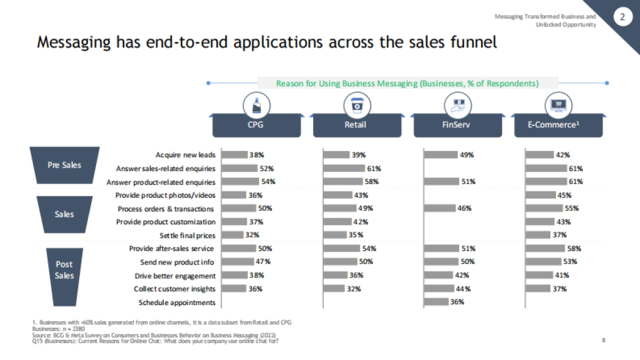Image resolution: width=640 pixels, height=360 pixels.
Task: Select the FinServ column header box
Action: (x=457, y=126)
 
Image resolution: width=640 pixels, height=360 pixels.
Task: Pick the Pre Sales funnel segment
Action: (x=65, y=165)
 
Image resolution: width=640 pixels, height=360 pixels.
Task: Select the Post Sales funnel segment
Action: (x=65, y=269)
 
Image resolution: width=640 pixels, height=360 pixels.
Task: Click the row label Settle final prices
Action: (x=187, y=235)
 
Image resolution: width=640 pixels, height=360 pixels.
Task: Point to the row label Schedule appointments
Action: (x=177, y=302)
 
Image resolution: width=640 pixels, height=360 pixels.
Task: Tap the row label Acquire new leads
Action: (x=186, y=155)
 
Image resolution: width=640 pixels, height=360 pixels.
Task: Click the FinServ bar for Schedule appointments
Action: (x=436, y=302)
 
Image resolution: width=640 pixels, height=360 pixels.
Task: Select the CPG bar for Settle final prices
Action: (x=232, y=235)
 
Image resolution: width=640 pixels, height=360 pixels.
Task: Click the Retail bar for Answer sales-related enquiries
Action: (x=344, y=168)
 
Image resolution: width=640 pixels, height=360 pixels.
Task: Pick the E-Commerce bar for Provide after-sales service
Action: (x=545, y=248)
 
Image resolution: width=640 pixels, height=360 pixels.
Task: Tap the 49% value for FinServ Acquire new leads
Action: (x=467, y=155)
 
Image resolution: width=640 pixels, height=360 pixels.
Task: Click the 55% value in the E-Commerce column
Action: (x=572, y=208)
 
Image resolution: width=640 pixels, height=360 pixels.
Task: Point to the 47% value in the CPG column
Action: (x=263, y=261)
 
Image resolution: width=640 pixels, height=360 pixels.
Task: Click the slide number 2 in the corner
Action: (x=622, y=17)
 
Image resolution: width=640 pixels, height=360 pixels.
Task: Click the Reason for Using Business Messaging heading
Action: (x=407, y=83)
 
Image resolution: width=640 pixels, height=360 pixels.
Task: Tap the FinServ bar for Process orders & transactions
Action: (x=439, y=208)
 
